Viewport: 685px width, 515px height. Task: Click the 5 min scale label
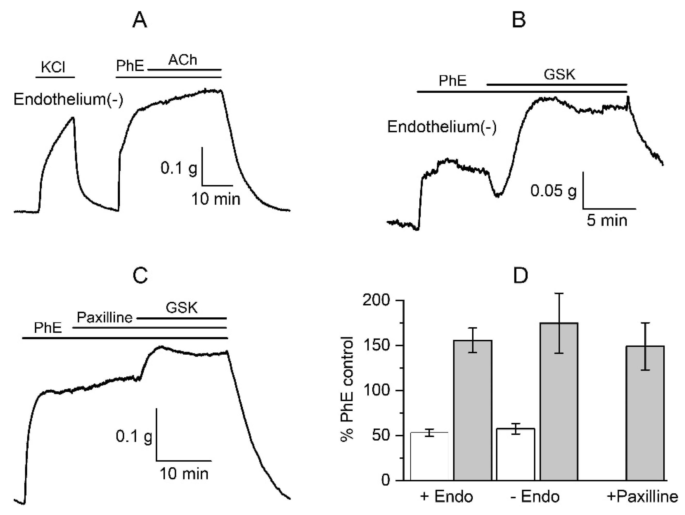(x=607, y=220)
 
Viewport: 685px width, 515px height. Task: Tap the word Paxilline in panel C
(x=104, y=317)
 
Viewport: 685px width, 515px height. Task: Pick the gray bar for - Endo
(x=559, y=401)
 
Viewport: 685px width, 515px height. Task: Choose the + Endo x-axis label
(x=447, y=496)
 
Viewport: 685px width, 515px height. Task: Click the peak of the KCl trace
(x=73, y=117)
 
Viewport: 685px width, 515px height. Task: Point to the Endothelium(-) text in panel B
(x=442, y=127)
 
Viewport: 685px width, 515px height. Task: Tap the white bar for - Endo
(x=515, y=454)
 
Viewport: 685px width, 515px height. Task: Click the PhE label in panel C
(x=48, y=328)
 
